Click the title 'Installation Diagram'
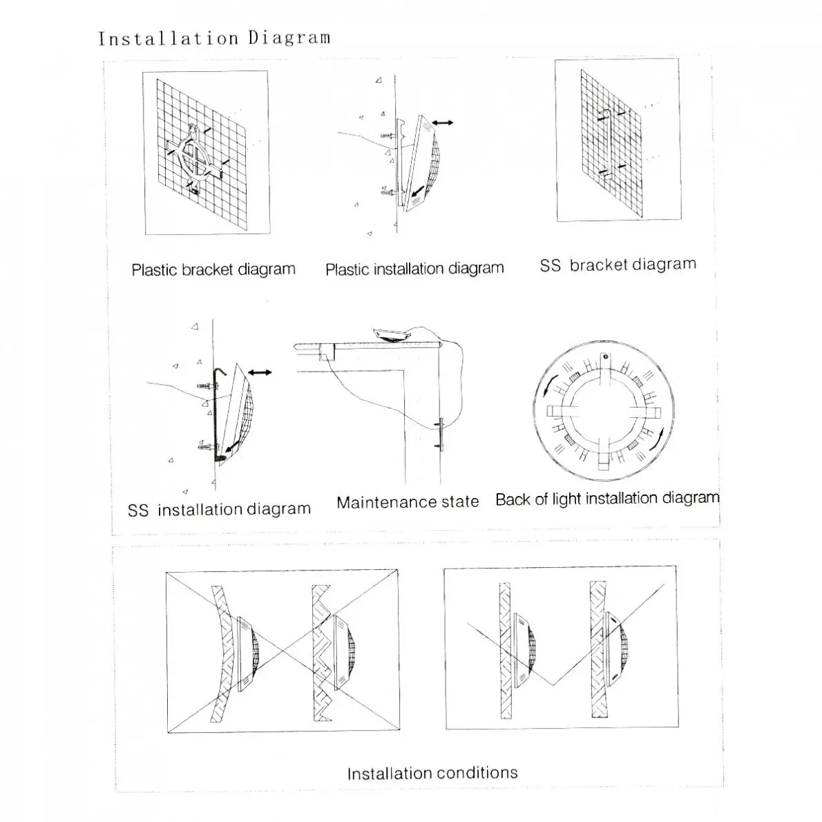coord(213,38)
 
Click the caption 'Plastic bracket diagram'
coord(213,269)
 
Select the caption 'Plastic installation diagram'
coord(414,269)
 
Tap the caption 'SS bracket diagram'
coord(618,265)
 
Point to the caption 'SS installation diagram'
coord(219,510)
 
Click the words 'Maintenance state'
coord(408,502)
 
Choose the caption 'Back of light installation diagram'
coord(607,499)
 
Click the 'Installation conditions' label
coord(432,773)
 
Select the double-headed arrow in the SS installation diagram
coord(260,372)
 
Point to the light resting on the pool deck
coord(391,335)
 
